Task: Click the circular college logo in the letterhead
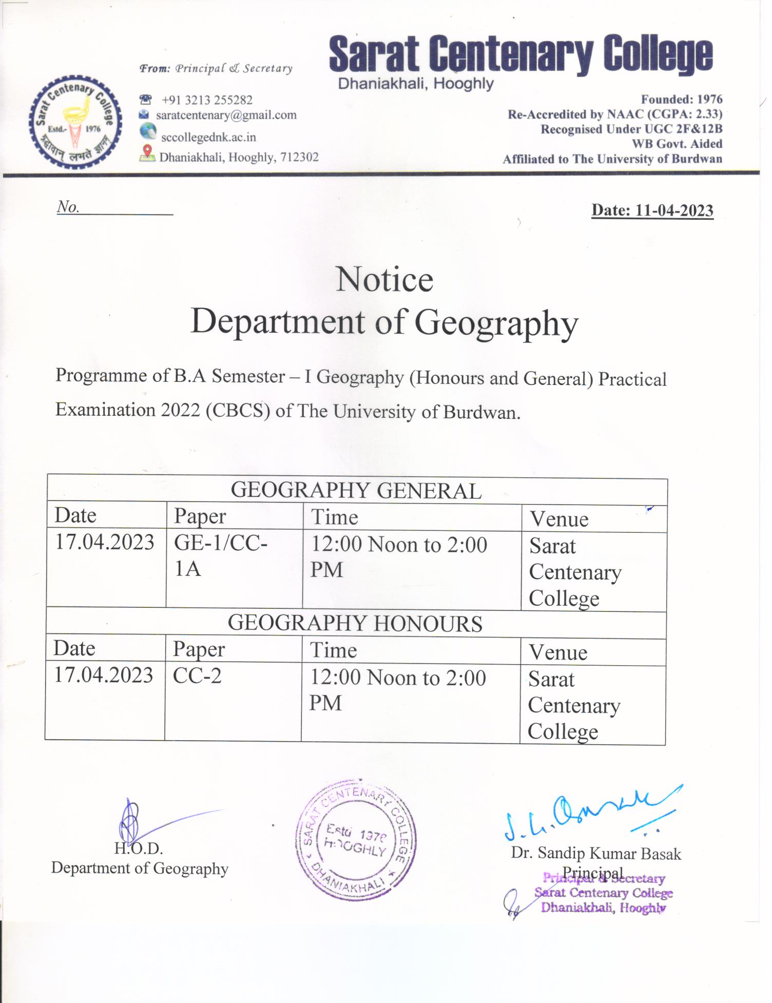coord(75,122)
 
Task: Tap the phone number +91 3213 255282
coord(206,100)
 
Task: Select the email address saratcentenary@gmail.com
coord(226,115)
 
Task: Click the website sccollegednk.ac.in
coord(208,137)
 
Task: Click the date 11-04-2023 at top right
coord(652,210)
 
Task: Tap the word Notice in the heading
coord(384,280)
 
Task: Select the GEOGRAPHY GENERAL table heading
coord(356,491)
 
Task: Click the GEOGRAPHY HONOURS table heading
coord(355,623)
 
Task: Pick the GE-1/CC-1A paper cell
coord(221,555)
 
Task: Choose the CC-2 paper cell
coord(197,676)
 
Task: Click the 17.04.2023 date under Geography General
coord(105,542)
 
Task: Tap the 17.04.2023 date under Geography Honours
coord(104,675)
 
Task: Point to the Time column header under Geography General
coord(335,517)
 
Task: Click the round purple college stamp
coord(355,840)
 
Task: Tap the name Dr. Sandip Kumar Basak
coord(596,854)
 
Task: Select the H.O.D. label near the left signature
coord(139,848)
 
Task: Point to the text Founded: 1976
coord(681,99)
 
